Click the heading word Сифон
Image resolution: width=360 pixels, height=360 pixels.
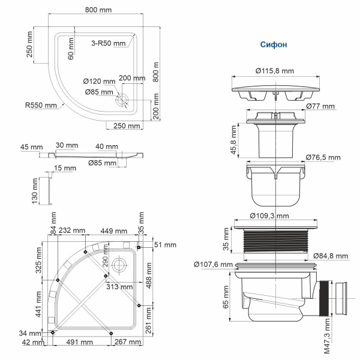[274, 44]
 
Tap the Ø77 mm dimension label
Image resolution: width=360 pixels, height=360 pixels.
[320, 106]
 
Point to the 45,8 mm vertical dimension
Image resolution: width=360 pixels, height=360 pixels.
[233, 139]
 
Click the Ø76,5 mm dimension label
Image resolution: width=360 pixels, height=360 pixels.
[323, 158]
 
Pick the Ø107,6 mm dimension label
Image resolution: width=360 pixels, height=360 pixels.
[213, 264]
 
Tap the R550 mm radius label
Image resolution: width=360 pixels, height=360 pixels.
[41, 105]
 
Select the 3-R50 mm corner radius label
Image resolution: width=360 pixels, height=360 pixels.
[108, 43]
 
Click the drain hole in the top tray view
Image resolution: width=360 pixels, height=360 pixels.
[124, 100]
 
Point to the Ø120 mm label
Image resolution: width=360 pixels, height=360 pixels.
[98, 82]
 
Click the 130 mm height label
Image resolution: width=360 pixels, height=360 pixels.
[35, 192]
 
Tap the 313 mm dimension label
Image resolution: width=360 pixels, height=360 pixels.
[118, 286]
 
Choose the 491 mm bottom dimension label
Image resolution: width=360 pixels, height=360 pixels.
[79, 343]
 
